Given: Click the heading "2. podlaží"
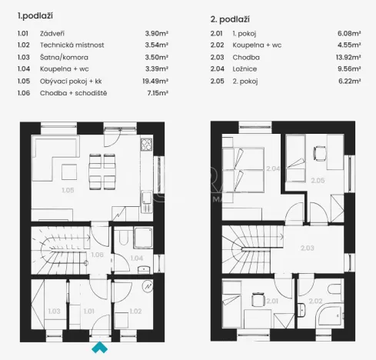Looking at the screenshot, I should (229, 18).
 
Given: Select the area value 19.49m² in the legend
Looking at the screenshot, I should (157, 79).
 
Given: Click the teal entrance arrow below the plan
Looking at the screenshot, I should (99, 347).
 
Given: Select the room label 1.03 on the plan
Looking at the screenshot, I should (54, 311).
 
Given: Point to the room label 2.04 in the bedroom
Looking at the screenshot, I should (272, 168).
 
